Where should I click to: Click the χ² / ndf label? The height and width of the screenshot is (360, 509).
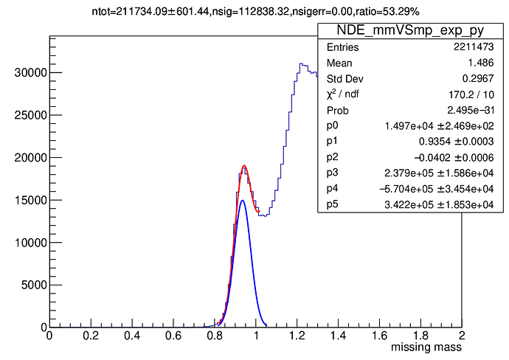[346, 94]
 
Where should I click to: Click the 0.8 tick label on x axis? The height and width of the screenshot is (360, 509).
[214, 335]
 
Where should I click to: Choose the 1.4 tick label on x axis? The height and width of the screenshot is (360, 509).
[338, 335]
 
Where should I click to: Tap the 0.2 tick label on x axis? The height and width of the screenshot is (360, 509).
[91, 335]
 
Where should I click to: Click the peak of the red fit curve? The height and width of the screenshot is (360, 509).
[243, 166]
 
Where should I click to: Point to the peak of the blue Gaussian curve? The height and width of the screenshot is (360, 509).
[242, 200]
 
